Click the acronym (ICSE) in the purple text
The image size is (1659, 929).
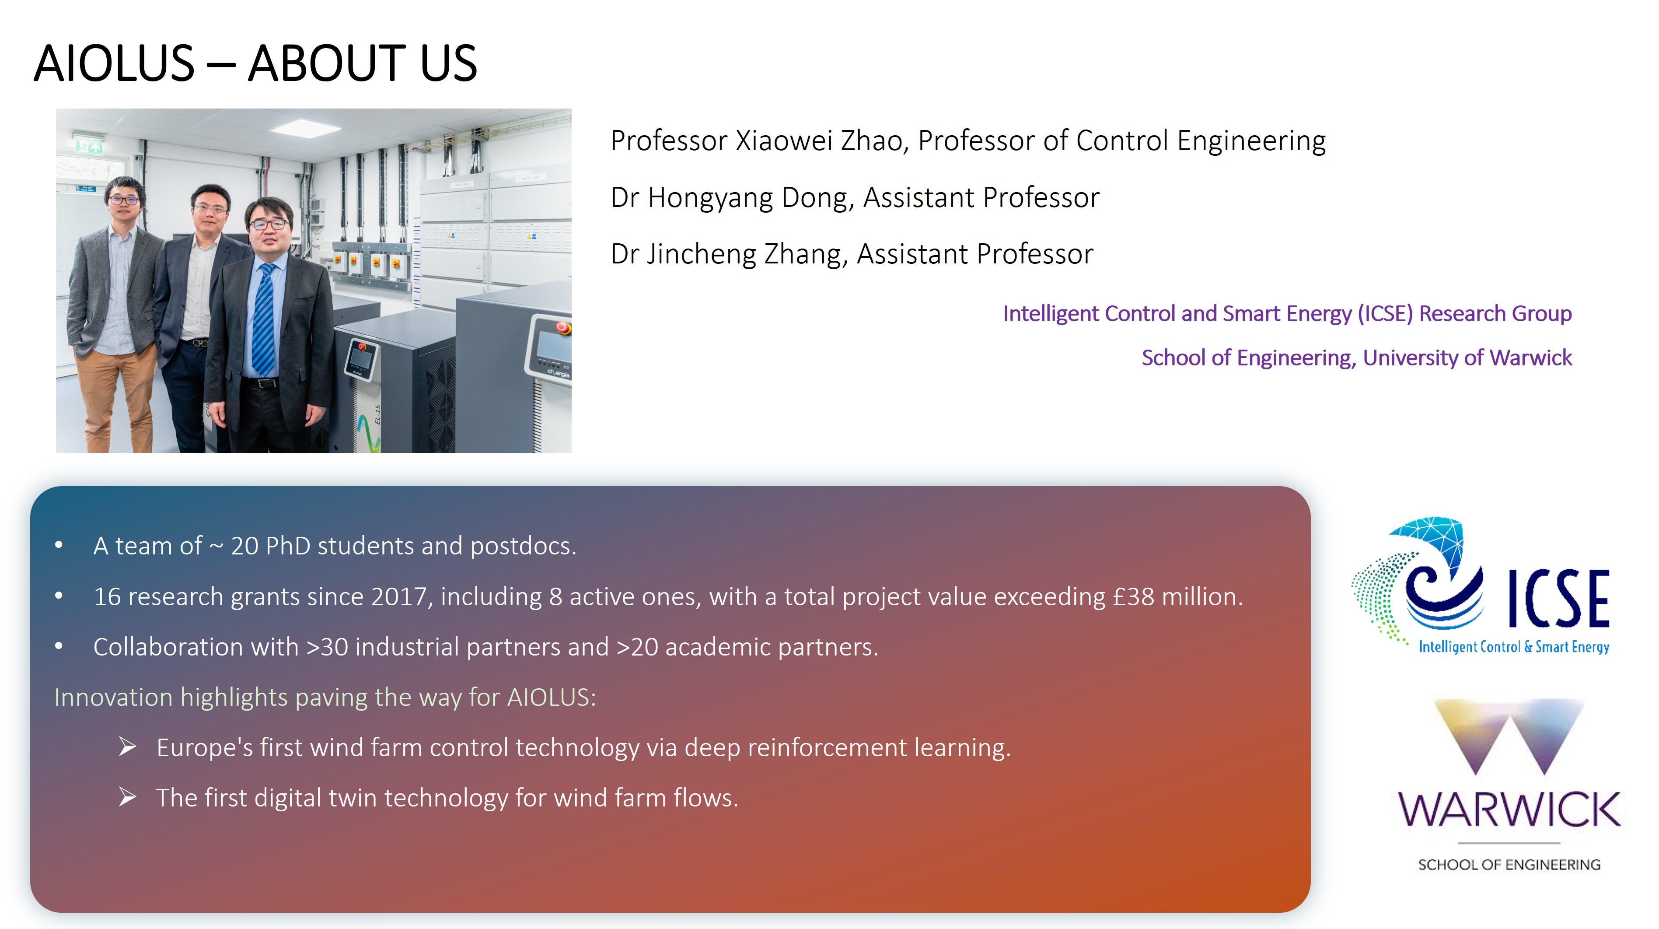[1385, 313]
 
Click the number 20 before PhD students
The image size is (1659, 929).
[245, 546]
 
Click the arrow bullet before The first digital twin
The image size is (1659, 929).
[128, 798]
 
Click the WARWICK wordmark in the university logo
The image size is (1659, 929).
[1509, 810]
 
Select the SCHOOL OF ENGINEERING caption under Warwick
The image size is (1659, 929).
[1509, 865]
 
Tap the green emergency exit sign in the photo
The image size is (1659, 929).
[89, 146]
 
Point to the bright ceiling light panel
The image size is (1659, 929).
[305, 126]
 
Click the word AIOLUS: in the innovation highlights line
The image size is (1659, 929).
[551, 697]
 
